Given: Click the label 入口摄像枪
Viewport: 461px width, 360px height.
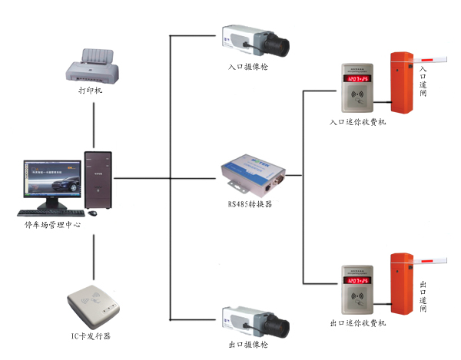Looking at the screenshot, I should (248, 67).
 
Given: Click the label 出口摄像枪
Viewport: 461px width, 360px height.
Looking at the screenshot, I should (248, 345).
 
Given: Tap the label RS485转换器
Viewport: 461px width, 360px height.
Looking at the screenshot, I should (250, 204).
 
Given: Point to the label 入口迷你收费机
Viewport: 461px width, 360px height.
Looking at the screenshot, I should (357, 121).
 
